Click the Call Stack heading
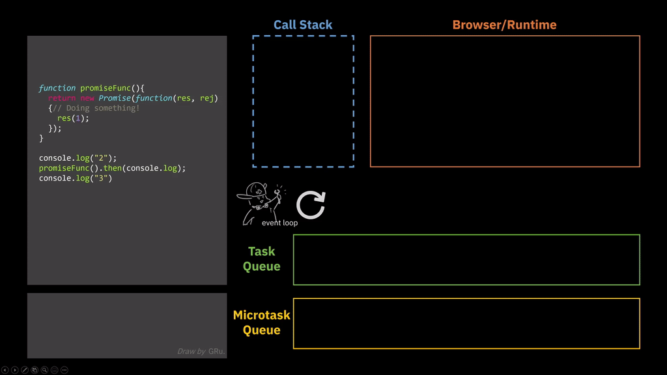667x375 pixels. tap(303, 25)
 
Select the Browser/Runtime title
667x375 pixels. tap(504, 25)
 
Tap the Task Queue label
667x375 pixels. tap(261, 259)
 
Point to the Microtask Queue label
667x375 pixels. tap(261, 322)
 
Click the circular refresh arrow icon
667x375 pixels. tap(311, 205)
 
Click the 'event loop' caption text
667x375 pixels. tap(279, 223)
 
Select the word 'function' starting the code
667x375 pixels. tap(57, 88)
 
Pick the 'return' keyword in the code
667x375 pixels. tap(62, 98)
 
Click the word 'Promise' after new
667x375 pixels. tap(115, 98)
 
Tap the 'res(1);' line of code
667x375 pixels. tap(73, 118)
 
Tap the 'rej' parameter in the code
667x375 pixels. tap(207, 98)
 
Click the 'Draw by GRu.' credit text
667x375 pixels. tap(201, 352)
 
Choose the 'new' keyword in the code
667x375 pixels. tap(87, 98)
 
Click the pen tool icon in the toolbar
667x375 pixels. tap(25, 370)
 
